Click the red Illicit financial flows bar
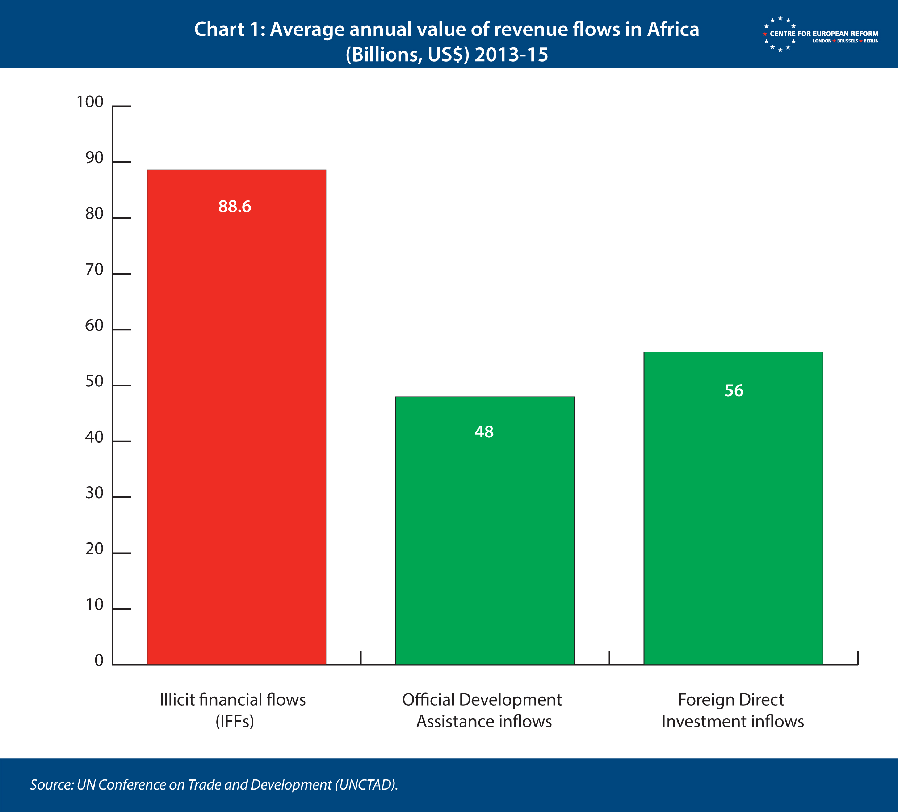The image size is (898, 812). (x=236, y=417)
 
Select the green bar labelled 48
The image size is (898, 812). (x=484, y=530)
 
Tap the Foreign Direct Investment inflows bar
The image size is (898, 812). (x=733, y=508)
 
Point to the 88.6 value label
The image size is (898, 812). (x=235, y=207)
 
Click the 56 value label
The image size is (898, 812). (x=734, y=390)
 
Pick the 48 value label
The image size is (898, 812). (x=484, y=432)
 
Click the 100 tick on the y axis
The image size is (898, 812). (x=90, y=102)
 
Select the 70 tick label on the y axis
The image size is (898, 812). (x=95, y=270)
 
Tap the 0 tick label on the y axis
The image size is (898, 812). (x=99, y=661)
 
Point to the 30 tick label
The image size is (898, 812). (x=95, y=493)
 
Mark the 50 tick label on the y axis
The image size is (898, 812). (x=95, y=381)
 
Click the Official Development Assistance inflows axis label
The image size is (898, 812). (x=482, y=711)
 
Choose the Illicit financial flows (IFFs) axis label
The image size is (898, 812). (x=233, y=711)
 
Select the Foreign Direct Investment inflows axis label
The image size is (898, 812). (x=733, y=711)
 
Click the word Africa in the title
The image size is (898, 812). (x=673, y=30)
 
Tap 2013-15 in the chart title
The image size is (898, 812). (x=511, y=55)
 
